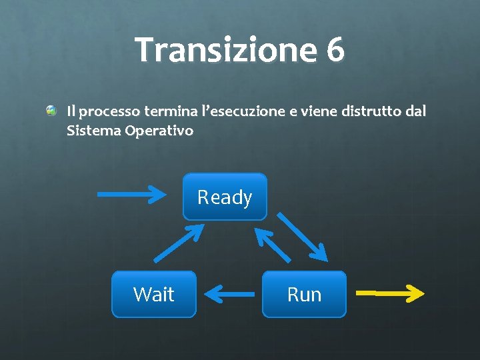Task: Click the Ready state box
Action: click(225, 197)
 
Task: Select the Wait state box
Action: click(154, 294)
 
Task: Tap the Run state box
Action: click(304, 294)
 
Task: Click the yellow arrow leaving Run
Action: click(390, 292)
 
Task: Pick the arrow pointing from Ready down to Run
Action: click(302, 236)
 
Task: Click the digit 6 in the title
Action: click(335, 49)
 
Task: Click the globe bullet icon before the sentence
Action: click(51, 110)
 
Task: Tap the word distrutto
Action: click(371, 111)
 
